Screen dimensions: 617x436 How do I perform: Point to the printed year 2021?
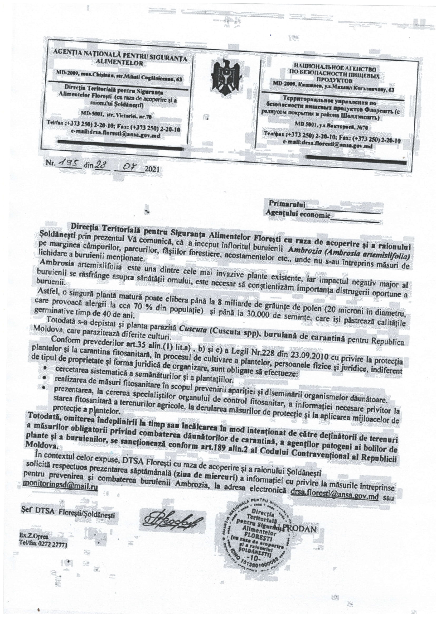(152, 169)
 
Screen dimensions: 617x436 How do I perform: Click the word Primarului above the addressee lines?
(287, 204)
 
